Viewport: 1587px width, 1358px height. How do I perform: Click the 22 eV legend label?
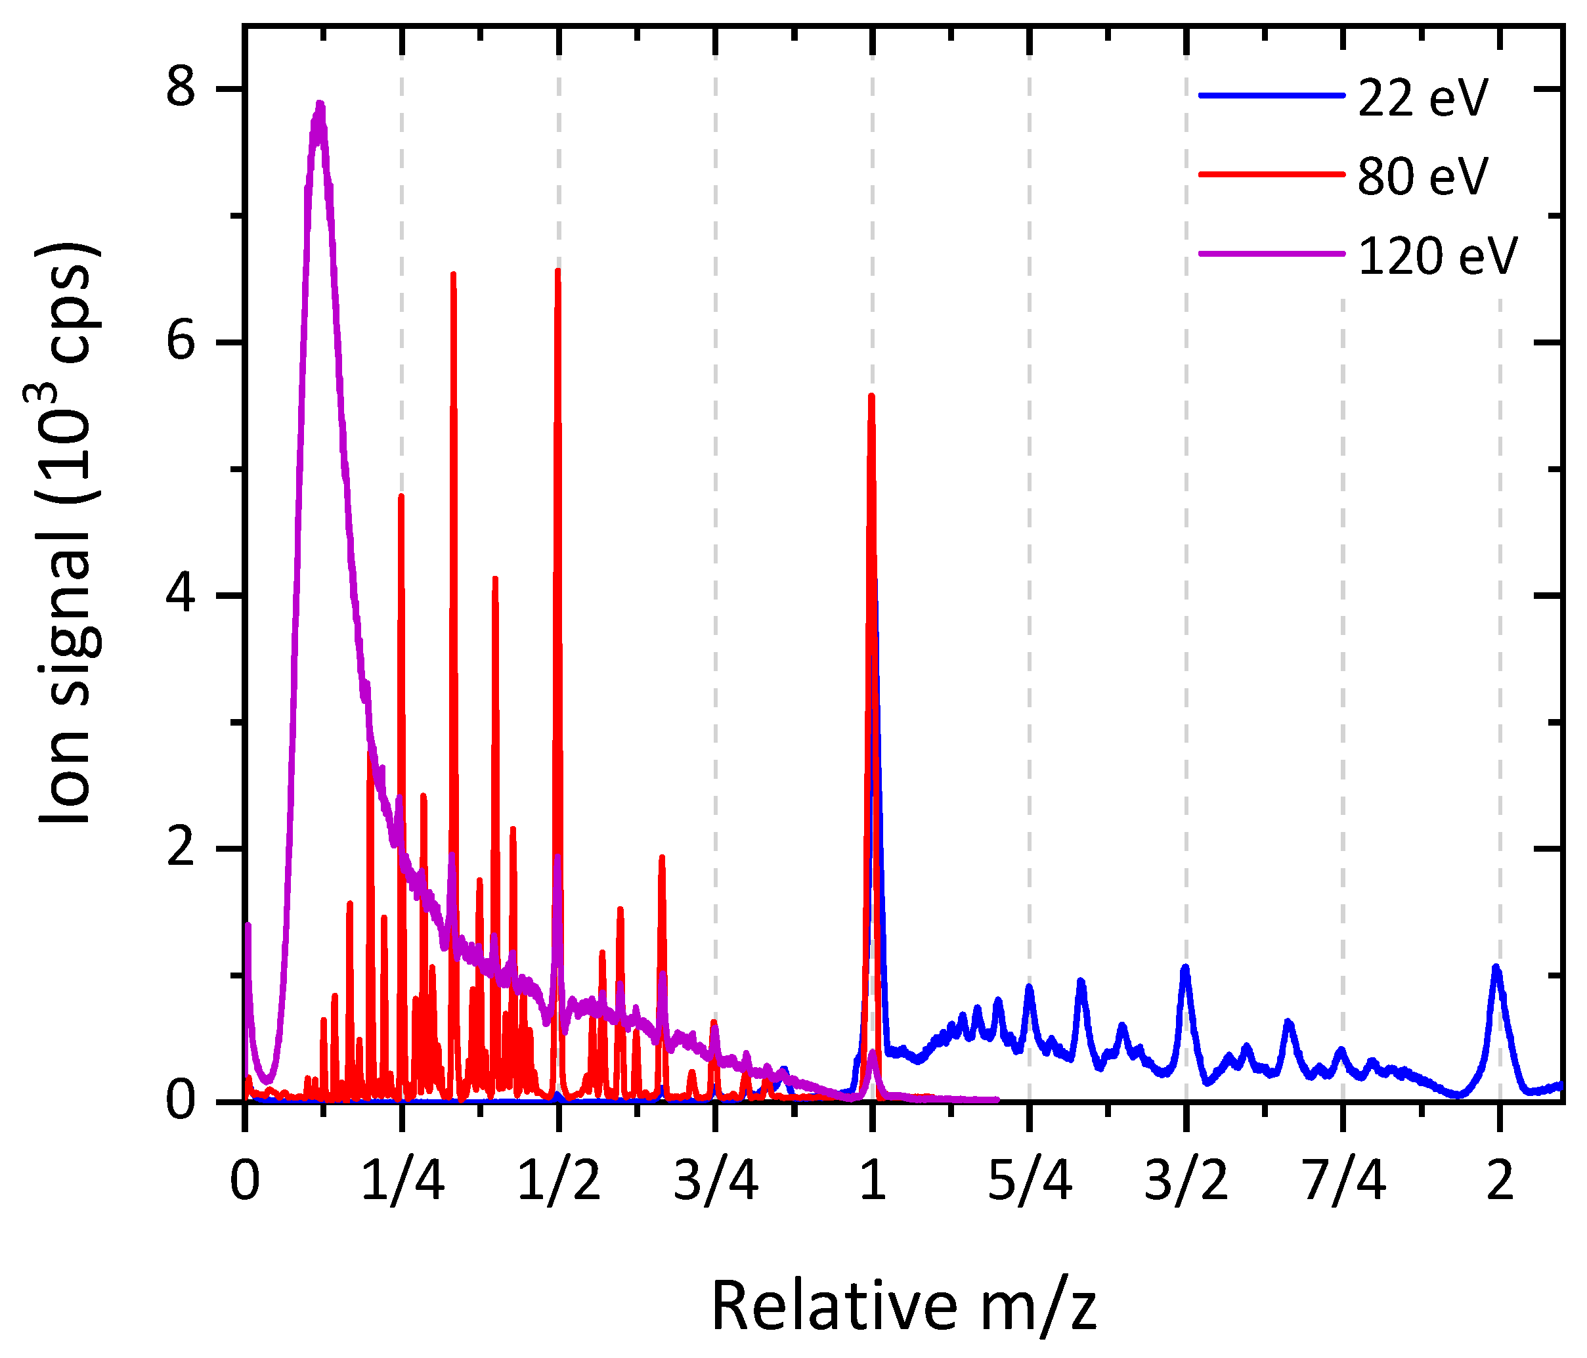(x=1422, y=98)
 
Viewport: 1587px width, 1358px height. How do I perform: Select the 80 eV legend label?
(x=1422, y=177)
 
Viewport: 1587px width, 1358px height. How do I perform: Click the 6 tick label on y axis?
(x=183, y=342)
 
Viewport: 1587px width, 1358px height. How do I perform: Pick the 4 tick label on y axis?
(x=183, y=595)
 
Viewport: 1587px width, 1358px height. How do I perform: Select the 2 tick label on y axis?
(x=183, y=848)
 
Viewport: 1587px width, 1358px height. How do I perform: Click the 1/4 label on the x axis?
(x=402, y=1181)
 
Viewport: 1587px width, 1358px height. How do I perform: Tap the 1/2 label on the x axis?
(x=558, y=1181)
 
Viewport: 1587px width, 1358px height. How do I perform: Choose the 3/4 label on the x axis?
(x=716, y=1181)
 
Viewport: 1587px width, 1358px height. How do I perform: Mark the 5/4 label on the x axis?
(x=1030, y=1181)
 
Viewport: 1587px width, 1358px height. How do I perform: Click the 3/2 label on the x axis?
(x=1186, y=1181)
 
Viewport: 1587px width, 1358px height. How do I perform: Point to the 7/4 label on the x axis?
(x=1343, y=1181)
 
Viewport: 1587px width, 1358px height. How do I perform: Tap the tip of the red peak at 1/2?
(x=557, y=271)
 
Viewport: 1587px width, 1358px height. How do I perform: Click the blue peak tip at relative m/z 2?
(x=1496, y=967)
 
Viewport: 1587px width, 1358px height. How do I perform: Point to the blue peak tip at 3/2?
(x=1185, y=967)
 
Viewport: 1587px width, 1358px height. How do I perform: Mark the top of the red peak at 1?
(x=871, y=396)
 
